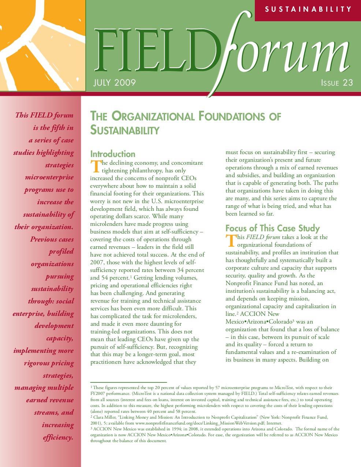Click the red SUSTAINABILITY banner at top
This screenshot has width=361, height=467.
(x=308, y=10)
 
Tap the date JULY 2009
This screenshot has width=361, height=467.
(x=114, y=83)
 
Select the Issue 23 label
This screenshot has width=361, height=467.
(x=337, y=83)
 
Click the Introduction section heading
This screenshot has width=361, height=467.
(x=113, y=154)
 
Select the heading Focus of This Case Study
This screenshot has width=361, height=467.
(x=272, y=228)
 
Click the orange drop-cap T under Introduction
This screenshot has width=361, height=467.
(x=95, y=167)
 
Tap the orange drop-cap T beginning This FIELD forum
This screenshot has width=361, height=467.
(x=230, y=241)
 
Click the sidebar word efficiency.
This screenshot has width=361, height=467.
(x=58, y=437)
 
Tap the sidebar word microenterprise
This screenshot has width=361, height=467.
(x=49, y=178)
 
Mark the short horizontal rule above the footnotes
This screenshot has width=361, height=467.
(x=129, y=382)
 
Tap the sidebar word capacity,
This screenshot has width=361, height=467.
(x=60, y=338)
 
